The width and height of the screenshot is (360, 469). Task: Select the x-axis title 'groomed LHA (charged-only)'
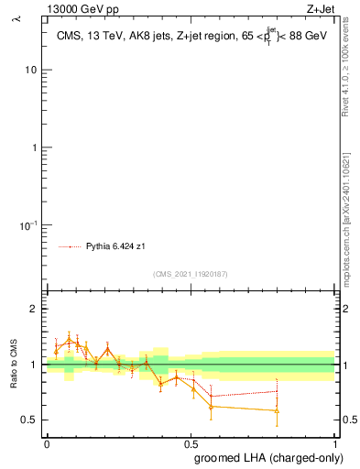coord(267,458)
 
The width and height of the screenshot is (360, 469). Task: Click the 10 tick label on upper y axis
coord(30,71)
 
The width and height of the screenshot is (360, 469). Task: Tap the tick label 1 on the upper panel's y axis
coord(33,147)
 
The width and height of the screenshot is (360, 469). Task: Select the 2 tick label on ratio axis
coord(33,310)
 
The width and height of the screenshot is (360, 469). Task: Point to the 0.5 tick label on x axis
coord(191,442)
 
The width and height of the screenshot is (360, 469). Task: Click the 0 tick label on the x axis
coord(47,442)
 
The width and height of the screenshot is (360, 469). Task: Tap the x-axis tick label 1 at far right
coord(334,442)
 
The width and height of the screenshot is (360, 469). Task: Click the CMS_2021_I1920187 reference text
coord(190,274)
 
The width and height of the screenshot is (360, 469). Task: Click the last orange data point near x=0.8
coord(277,410)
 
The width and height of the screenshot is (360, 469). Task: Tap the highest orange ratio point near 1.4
coord(70,340)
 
